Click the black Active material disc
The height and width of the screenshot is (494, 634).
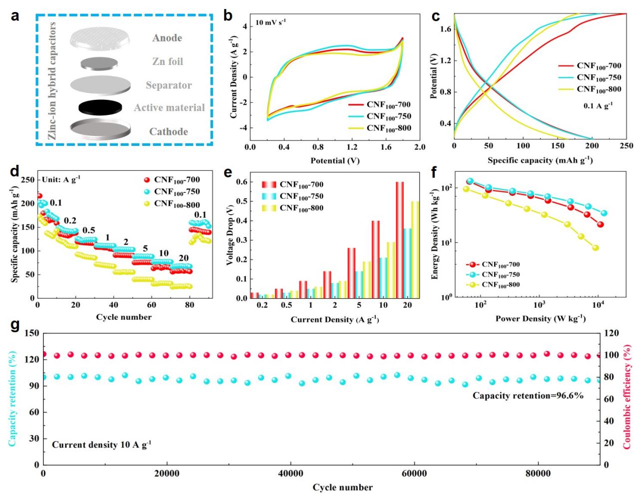click(100, 108)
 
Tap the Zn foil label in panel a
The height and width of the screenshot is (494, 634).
click(167, 61)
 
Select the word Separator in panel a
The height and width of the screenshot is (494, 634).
click(168, 85)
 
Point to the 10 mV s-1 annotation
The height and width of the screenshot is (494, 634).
click(271, 22)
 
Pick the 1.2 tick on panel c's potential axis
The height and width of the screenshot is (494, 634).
click(446, 61)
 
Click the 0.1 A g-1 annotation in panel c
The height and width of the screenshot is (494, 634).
click(598, 105)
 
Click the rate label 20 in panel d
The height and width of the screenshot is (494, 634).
click(183, 258)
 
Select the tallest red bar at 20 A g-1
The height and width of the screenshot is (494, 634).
click(400, 240)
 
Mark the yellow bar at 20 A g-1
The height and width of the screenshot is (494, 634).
click(415, 250)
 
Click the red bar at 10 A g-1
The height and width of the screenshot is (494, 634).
click(375, 259)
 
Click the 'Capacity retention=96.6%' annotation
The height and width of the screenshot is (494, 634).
click(528, 396)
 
